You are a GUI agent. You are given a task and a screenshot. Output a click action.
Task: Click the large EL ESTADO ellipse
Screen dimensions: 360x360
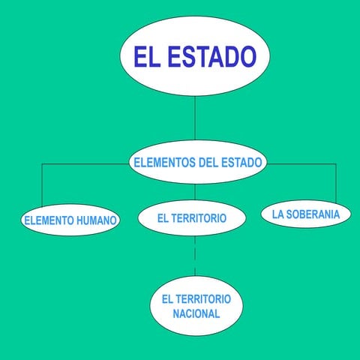(x=195, y=56)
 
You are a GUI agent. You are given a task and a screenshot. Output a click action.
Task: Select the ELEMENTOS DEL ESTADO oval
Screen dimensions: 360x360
(x=198, y=162)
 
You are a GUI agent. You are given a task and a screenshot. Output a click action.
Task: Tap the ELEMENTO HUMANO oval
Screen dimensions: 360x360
(x=70, y=220)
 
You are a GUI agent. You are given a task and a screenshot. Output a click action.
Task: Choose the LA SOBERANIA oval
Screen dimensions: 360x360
(x=306, y=214)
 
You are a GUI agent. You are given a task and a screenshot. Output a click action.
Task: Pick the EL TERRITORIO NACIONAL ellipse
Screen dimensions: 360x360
(x=196, y=306)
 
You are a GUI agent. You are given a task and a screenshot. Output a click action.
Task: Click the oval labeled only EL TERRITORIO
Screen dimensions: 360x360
(x=192, y=218)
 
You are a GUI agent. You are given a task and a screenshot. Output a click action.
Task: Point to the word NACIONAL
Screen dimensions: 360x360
(x=196, y=313)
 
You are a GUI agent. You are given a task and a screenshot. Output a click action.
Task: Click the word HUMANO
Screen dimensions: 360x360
(x=96, y=220)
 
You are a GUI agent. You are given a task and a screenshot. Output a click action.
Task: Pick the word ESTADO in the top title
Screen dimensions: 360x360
(x=212, y=56)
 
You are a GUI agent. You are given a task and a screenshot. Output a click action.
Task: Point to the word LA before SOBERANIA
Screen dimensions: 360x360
(x=277, y=214)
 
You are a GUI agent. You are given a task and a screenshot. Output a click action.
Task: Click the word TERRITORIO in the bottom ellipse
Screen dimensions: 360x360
(x=202, y=299)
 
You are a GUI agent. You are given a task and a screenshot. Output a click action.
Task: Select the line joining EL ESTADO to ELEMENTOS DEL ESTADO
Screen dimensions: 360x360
(x=195, y=118)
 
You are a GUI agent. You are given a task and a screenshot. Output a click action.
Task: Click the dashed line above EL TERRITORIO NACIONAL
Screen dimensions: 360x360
(x=195, y=256)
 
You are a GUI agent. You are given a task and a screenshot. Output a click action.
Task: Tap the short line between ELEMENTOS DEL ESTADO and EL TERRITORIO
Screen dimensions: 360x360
(x=195, y=192)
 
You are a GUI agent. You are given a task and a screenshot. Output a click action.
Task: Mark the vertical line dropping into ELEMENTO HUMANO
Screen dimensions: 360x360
(x=42, y=185)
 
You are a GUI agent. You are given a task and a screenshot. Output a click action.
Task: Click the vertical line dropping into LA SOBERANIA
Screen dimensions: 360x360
(x=336, y=184)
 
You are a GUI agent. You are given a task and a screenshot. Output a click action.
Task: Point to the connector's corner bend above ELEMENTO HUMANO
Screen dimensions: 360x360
(x=42, y=164)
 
